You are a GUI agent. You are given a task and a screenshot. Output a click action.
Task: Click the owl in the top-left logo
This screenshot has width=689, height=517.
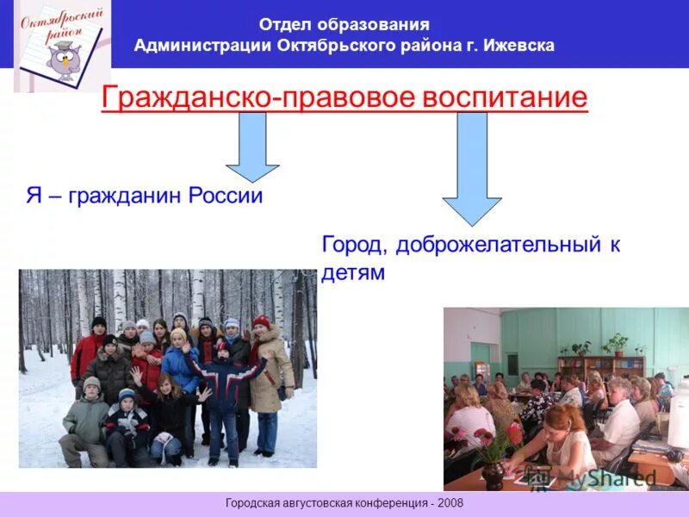click(x=63, y=61)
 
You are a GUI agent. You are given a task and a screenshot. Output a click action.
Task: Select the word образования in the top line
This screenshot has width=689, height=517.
click(x=380, y=25)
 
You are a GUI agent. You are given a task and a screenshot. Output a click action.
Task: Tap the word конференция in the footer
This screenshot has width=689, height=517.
click(x=382, y=502)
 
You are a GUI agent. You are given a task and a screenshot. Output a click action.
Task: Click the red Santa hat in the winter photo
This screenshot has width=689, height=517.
click(x=261, y=322)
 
